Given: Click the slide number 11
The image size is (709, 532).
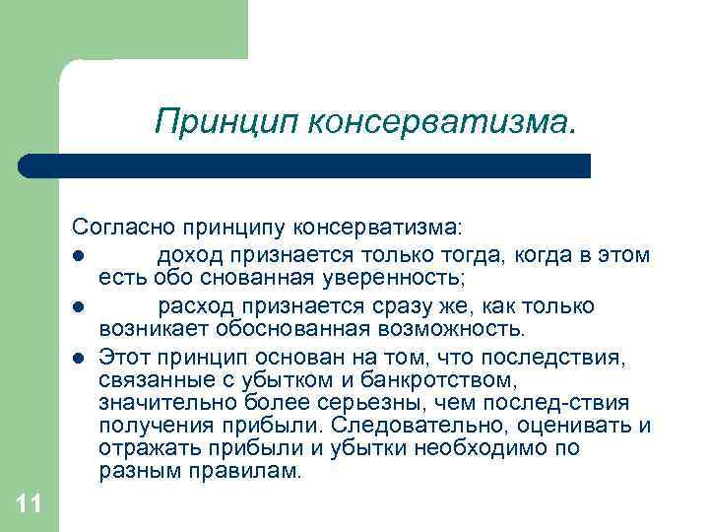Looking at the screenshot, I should [29, 505].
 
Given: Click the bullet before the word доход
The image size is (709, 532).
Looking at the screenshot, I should [78, 256].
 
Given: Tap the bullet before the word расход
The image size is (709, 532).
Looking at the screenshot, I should [78, 305].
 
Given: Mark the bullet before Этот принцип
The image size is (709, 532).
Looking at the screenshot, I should [78, 355].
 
